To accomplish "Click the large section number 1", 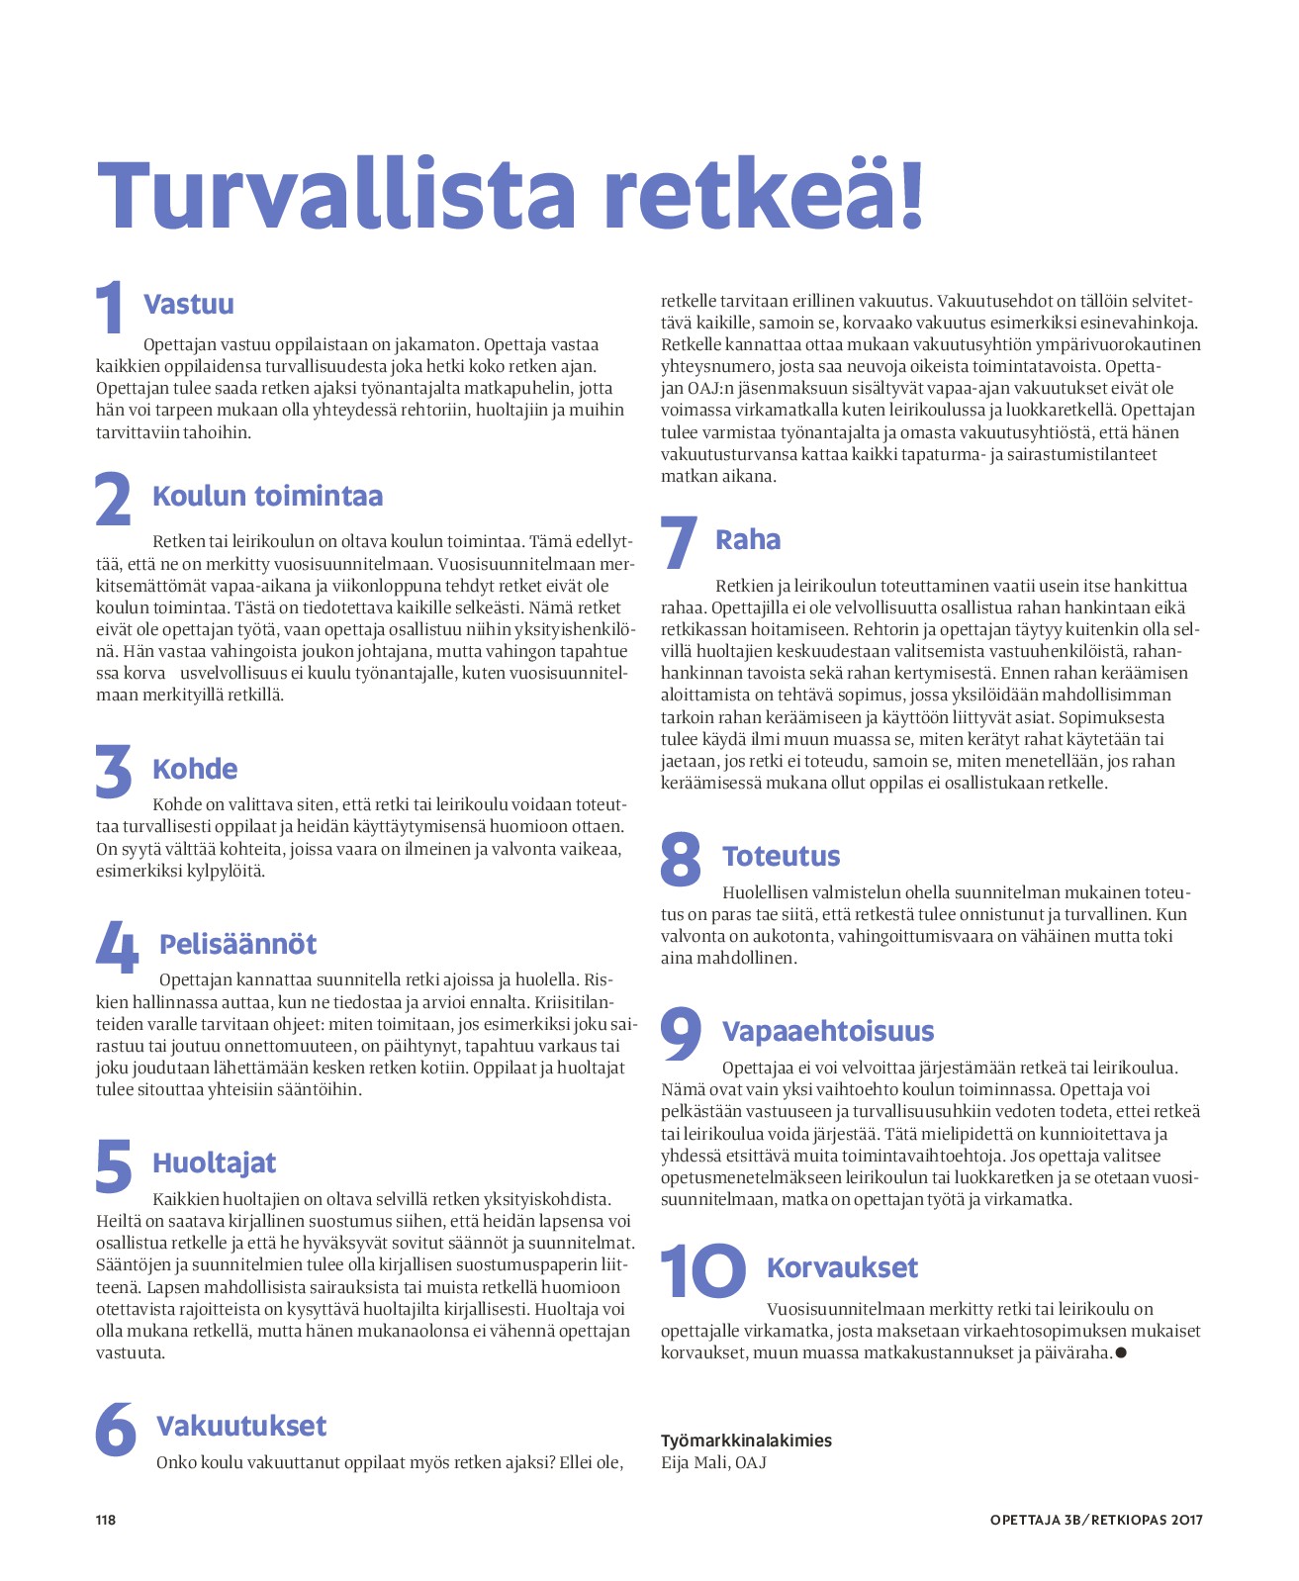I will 111,308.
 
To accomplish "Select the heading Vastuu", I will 189,304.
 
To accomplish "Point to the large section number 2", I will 113,499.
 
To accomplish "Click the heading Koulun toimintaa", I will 267,496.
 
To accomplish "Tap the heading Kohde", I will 195,769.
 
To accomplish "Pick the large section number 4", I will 117,947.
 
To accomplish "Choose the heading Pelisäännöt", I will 237,944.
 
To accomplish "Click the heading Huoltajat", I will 214,1162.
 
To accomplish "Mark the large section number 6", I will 116,1429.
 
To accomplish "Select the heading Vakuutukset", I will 241,1426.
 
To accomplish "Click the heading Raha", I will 748,539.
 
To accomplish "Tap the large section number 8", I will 681,859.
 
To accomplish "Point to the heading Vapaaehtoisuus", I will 828,1031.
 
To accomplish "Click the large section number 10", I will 703,1271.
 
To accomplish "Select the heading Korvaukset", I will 842,1267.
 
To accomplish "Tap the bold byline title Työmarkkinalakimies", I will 746,1441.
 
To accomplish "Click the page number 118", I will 106,1520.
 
